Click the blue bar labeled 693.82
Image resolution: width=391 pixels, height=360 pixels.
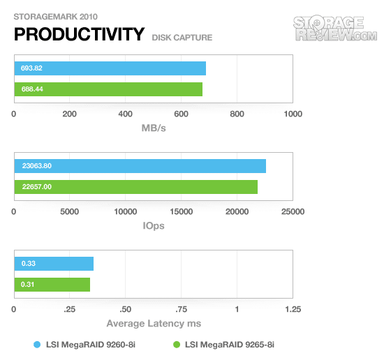110,68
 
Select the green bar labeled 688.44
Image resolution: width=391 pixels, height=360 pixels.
108,89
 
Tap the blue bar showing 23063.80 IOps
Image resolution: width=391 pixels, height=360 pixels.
140,166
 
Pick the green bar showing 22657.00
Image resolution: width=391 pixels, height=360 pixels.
136,187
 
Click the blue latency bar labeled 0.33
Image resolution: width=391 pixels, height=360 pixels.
54,264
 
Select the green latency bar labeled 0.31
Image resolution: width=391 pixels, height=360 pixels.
52,285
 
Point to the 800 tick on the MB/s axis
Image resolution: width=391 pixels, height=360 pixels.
237,114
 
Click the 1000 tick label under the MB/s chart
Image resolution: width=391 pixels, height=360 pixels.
293,114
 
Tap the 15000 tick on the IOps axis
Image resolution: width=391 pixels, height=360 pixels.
182,212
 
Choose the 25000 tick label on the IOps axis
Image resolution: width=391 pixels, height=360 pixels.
293,212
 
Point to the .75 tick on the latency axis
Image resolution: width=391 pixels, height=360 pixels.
182,310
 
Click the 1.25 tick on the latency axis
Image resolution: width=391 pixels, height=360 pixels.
293,310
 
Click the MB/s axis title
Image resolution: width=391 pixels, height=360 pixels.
154,128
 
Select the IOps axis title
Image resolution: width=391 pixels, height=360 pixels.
154,226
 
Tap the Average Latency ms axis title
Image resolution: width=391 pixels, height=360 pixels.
154,324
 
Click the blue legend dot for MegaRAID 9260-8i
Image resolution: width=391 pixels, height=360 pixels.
37,345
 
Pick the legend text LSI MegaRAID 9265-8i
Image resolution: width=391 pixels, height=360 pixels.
230,345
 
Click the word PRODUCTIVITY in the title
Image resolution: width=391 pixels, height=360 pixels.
80,34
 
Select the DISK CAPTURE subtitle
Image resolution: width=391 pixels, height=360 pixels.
182,38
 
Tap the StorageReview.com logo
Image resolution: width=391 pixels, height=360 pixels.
335,28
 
